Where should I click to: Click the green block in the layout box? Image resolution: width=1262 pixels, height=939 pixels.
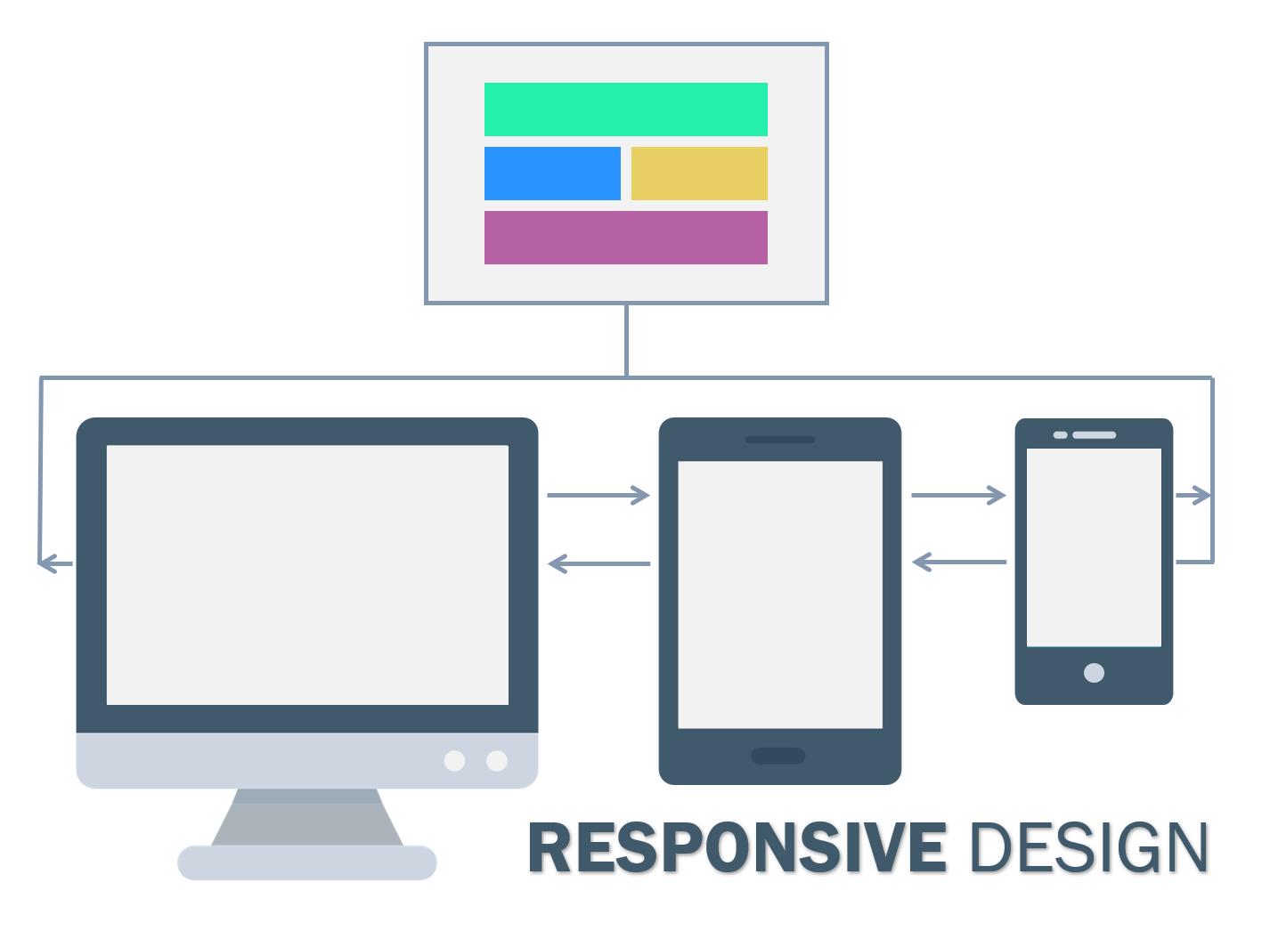(625, 109)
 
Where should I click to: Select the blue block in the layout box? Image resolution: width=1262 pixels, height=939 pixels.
(552, 174)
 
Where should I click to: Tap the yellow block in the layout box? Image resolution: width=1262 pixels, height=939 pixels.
(699, 174)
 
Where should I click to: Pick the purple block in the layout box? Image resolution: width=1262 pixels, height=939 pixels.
(625, 238)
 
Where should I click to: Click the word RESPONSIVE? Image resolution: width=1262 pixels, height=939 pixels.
(737, 848)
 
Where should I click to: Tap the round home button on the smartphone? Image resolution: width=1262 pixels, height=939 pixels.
(1094, 673)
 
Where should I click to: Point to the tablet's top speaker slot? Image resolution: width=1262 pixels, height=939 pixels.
(779, 440)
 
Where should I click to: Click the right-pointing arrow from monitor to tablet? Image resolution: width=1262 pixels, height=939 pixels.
(598, 495)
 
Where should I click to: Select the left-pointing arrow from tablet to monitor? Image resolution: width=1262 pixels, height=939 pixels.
(598, 563)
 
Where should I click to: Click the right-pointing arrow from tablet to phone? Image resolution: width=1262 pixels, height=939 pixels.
(958, 495)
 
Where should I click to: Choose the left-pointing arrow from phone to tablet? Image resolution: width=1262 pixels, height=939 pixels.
(958, 563)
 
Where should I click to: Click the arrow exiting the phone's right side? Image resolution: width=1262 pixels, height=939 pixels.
(1193, 495)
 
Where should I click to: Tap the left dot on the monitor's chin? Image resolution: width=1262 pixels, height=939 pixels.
(454, 761)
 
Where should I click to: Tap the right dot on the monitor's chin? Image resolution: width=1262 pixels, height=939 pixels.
(497, 761)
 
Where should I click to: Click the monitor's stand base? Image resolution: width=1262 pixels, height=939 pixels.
(307, 862)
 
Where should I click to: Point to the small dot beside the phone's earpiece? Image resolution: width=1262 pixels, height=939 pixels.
(1060, 435)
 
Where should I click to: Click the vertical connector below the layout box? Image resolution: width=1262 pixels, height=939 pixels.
(626, 340)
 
